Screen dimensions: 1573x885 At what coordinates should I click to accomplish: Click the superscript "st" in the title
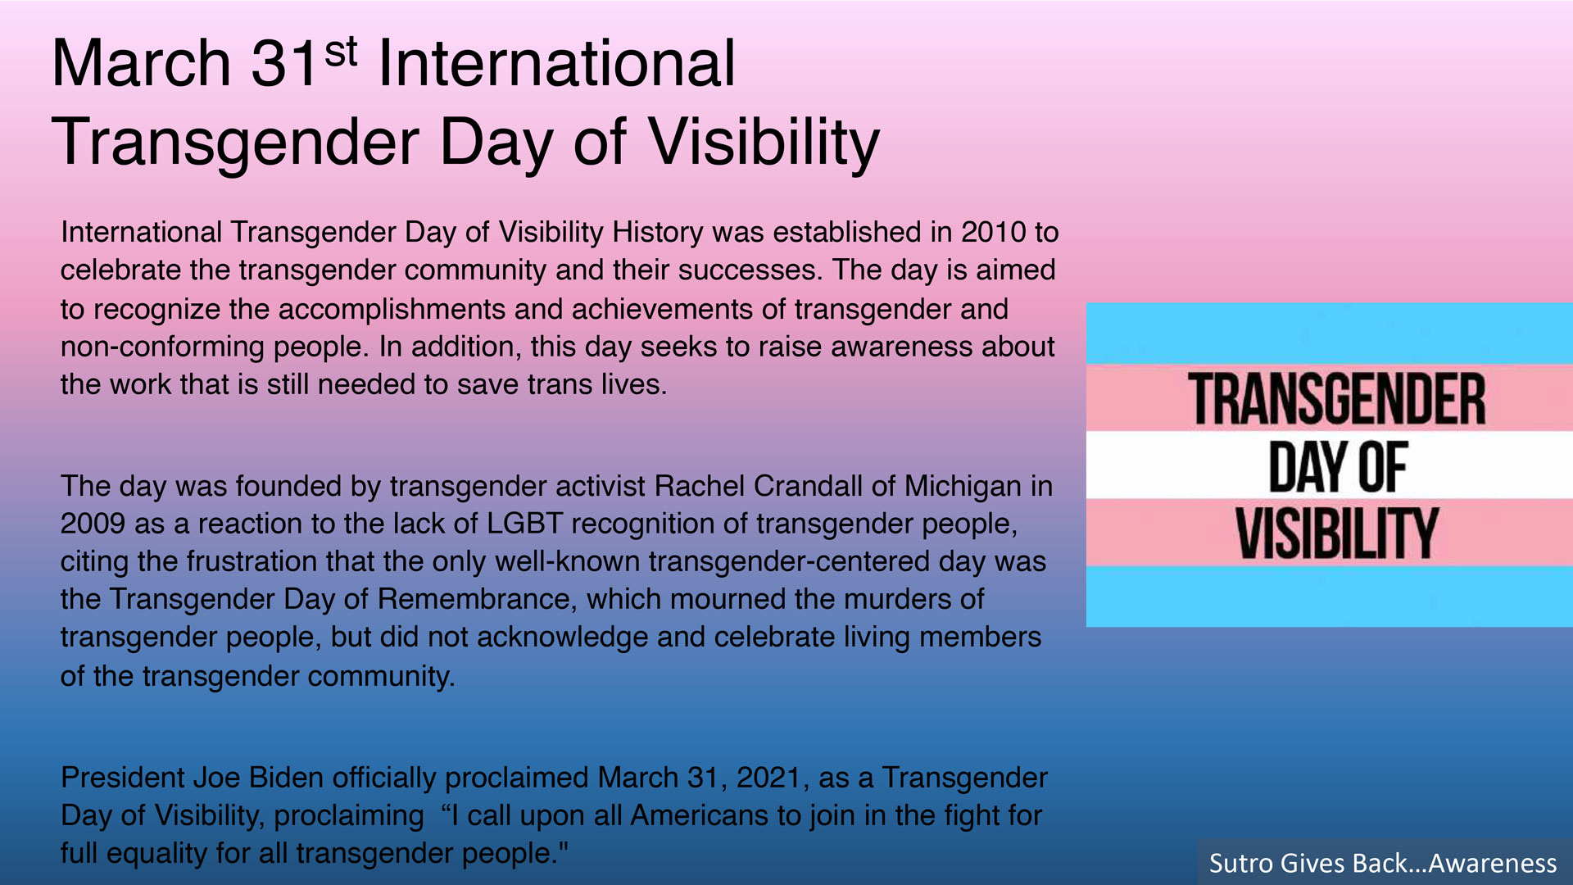pyautogui.click(x=341, y=52)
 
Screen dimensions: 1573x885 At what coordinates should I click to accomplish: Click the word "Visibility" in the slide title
pyautogui.click(x=764, y=143)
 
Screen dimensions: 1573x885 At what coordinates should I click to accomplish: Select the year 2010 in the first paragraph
pyautogui.click(x=993, y=233)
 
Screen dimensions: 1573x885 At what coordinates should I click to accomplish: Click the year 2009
pyautogui.click(x=93, y=524)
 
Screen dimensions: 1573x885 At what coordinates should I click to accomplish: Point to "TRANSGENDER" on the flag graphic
pyautogui.click(x=1337, y=399)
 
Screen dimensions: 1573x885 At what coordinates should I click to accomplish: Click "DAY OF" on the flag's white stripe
pyautogui.click(x=1338, y=466)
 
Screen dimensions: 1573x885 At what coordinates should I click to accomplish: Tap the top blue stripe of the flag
pyautogui.click(x=1329, y=334)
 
